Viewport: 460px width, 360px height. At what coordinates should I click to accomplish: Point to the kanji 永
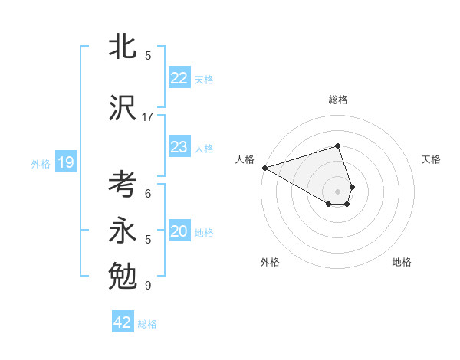coord(123,231)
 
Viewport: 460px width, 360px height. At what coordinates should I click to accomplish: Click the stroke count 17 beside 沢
coord(148,117)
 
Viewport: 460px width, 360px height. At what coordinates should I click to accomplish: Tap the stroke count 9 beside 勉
coord(148,286)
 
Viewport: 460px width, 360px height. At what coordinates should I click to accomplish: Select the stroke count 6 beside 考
coord(148,194)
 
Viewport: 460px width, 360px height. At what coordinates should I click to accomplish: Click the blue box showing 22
coord(179,78)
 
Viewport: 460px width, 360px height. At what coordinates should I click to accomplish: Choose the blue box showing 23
coord(179,147)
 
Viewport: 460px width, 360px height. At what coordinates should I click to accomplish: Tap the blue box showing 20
coord(179,231)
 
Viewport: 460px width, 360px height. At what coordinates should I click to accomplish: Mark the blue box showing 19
coord(66,162)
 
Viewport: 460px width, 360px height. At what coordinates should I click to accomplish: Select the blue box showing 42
coord(123,322)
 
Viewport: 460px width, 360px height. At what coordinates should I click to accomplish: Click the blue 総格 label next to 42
coord(147,324)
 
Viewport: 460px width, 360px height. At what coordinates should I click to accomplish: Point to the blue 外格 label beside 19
coord(41,163)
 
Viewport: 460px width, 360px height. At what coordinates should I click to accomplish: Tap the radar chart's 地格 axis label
coord(402,262)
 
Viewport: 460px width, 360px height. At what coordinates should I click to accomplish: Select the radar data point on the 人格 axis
coord(264,168)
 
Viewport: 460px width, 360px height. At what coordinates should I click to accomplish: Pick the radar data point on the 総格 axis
coord(337,146)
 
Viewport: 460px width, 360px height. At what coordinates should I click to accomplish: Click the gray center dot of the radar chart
coord(337,190)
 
